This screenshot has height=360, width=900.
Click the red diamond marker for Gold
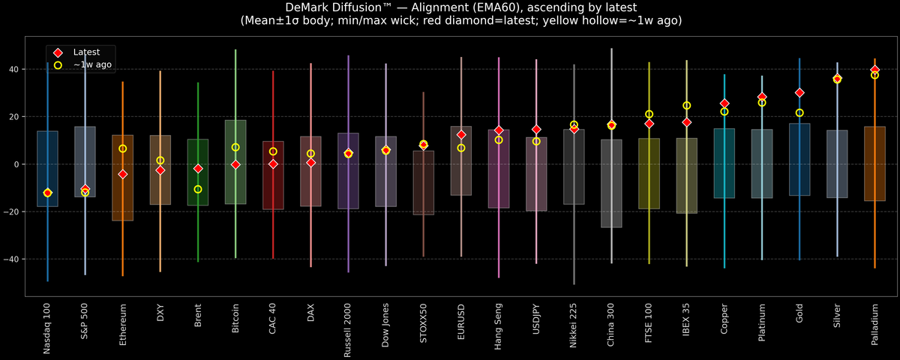799,93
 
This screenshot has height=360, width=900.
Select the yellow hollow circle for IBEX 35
686,106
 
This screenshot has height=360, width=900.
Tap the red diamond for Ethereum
122,174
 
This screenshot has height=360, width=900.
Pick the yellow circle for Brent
198,189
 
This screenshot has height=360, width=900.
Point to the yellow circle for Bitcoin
235,147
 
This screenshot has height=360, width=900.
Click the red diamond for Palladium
874,70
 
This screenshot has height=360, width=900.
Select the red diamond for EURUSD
461,135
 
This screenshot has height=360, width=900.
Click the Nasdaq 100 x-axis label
47,329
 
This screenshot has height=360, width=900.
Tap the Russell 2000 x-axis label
348,330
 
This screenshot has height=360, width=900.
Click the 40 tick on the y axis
18,69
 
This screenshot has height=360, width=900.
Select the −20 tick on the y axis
16,211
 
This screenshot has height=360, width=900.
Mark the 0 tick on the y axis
20,164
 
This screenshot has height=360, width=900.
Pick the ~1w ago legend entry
89,65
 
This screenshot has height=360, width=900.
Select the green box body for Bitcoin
235,180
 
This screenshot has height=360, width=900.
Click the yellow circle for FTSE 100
649,114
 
